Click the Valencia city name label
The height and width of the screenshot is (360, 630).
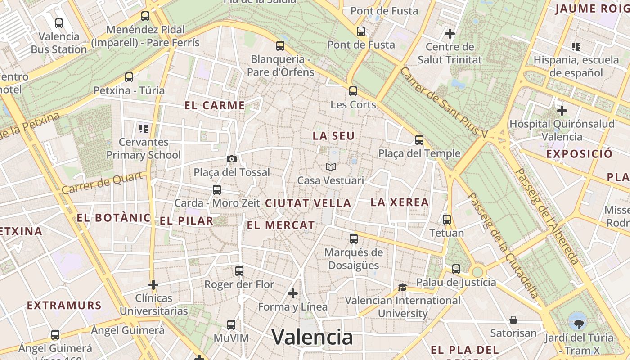[x=312, y=337]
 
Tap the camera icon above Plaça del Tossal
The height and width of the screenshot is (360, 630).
[x=232, y=159]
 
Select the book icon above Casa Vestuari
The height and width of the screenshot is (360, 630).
[x=331, y=167]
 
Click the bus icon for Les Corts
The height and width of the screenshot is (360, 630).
[x=353, y=91]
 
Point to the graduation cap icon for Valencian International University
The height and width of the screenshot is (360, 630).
[x=402, y=287]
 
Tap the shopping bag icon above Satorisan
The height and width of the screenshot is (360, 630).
[x=513, y=320]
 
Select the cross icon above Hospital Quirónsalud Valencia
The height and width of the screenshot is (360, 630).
[x=562, y=110]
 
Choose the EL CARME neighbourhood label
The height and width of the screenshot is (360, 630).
[x=215, y=106]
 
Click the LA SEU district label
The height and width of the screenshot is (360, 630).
[x=333, y=136]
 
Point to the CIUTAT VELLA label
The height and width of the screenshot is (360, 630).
[x=308, y=203]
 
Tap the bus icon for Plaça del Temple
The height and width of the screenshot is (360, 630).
[x=419, y=140]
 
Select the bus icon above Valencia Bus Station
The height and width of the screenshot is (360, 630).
[x=59, y=23]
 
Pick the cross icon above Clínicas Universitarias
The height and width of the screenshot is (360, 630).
[x=153, y=285]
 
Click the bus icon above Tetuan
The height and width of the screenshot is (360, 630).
[x=446, y=220]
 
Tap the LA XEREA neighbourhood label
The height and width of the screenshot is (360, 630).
[x=400, y=202]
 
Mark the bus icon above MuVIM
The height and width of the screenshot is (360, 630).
[x=231, y=324]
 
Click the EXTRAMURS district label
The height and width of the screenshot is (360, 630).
[x=64, y=306]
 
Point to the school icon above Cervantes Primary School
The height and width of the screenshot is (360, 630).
[x=144, y=129]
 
